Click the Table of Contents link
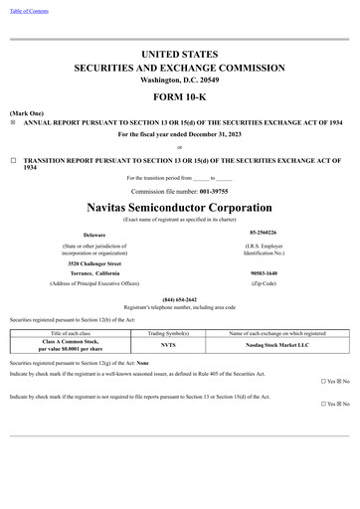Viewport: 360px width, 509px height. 29,11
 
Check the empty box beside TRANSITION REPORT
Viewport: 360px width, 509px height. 13,159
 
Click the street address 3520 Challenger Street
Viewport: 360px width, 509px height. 94,263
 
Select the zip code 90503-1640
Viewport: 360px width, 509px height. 264,273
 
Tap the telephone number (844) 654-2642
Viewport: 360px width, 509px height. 180,299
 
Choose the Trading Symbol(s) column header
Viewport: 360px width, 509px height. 168,333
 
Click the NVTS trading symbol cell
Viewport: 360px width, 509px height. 168,345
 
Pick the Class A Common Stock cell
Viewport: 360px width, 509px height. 71,345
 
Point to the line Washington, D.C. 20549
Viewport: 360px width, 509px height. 180,79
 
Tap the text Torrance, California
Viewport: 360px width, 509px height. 94,273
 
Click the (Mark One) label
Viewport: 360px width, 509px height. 25,113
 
